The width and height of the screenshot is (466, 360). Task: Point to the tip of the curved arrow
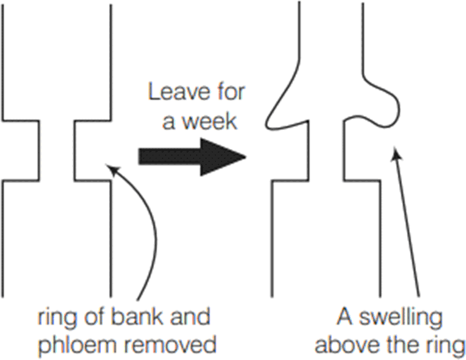tap(107, 166)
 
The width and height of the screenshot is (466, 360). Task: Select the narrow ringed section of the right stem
tap(326, 152)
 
